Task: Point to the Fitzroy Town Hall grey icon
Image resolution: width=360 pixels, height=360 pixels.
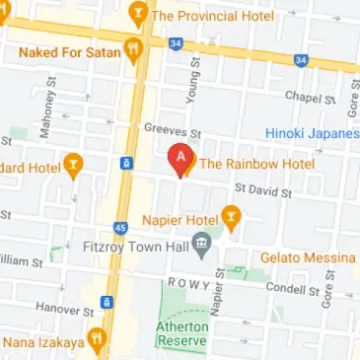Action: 203,243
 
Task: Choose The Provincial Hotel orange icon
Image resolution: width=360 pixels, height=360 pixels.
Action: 137,15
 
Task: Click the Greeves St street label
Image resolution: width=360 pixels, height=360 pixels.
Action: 172,130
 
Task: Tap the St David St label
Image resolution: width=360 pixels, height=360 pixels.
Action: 262,187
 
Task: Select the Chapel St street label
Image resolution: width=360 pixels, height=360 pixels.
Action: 304,96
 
